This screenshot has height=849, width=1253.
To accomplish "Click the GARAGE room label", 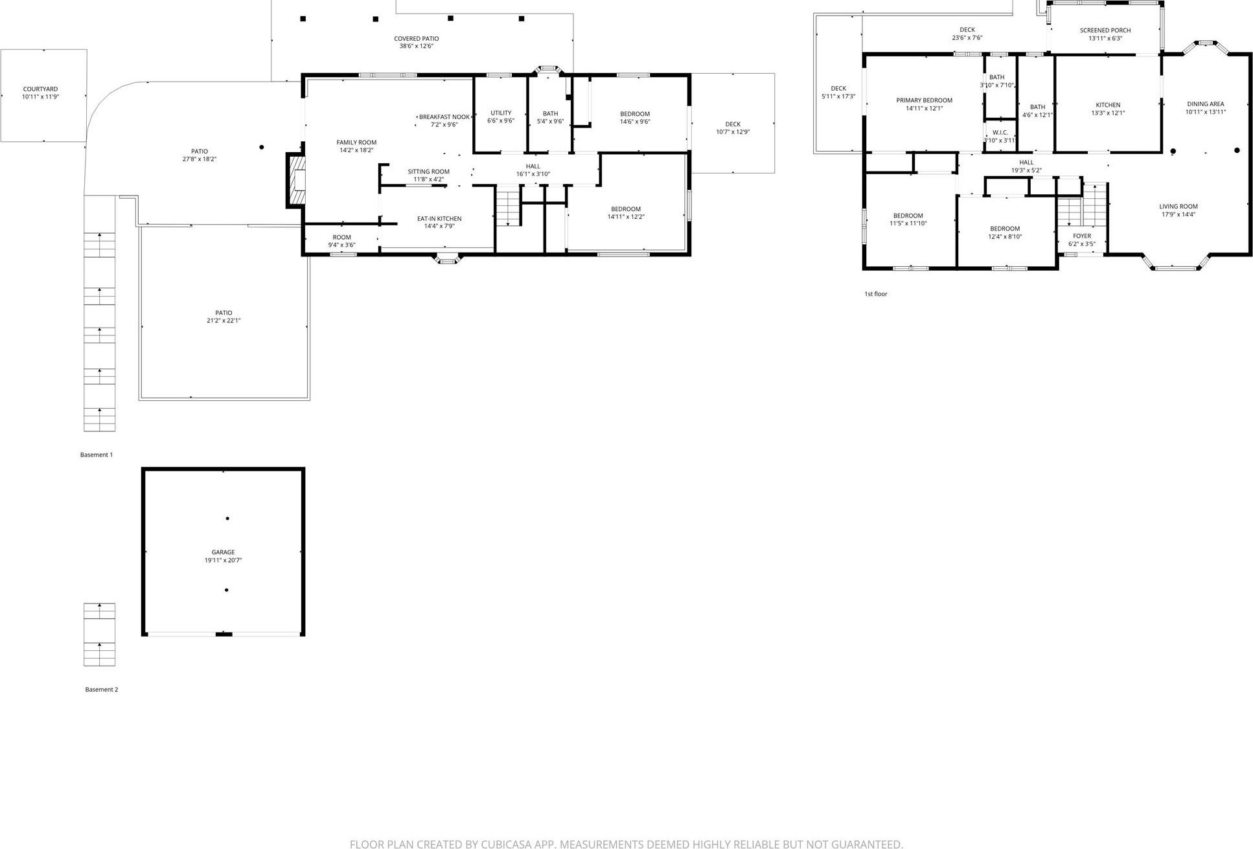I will (223, 552).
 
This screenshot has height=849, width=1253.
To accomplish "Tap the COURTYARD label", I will (40, 89).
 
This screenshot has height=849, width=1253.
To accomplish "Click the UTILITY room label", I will (500, 113).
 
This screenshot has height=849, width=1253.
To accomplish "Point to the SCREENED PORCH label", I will (1105, 30).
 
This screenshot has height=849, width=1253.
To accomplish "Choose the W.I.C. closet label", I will (1000, 133).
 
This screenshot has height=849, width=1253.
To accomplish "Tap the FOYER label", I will (1081, 236).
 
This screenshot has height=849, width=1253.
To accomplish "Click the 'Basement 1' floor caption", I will (97, 455).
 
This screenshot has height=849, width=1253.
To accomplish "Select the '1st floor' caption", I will (875, 294).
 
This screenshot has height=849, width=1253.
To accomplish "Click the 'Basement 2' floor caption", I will (102, 690).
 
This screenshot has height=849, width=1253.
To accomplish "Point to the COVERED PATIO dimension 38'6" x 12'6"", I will (416, 47).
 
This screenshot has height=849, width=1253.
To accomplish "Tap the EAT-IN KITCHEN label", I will (439, 219).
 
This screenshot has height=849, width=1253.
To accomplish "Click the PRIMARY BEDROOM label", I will (924, 100).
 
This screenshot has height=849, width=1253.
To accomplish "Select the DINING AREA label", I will (1205, 104).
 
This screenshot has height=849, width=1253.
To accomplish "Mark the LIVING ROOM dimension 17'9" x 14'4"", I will (1178, 214).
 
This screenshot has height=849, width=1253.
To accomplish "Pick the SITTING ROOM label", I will (428, 172).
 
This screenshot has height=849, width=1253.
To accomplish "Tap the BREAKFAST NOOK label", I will (444, 117).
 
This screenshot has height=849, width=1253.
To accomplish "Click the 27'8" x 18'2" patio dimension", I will (199, 159).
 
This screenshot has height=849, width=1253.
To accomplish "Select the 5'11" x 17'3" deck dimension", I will (838, 96).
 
